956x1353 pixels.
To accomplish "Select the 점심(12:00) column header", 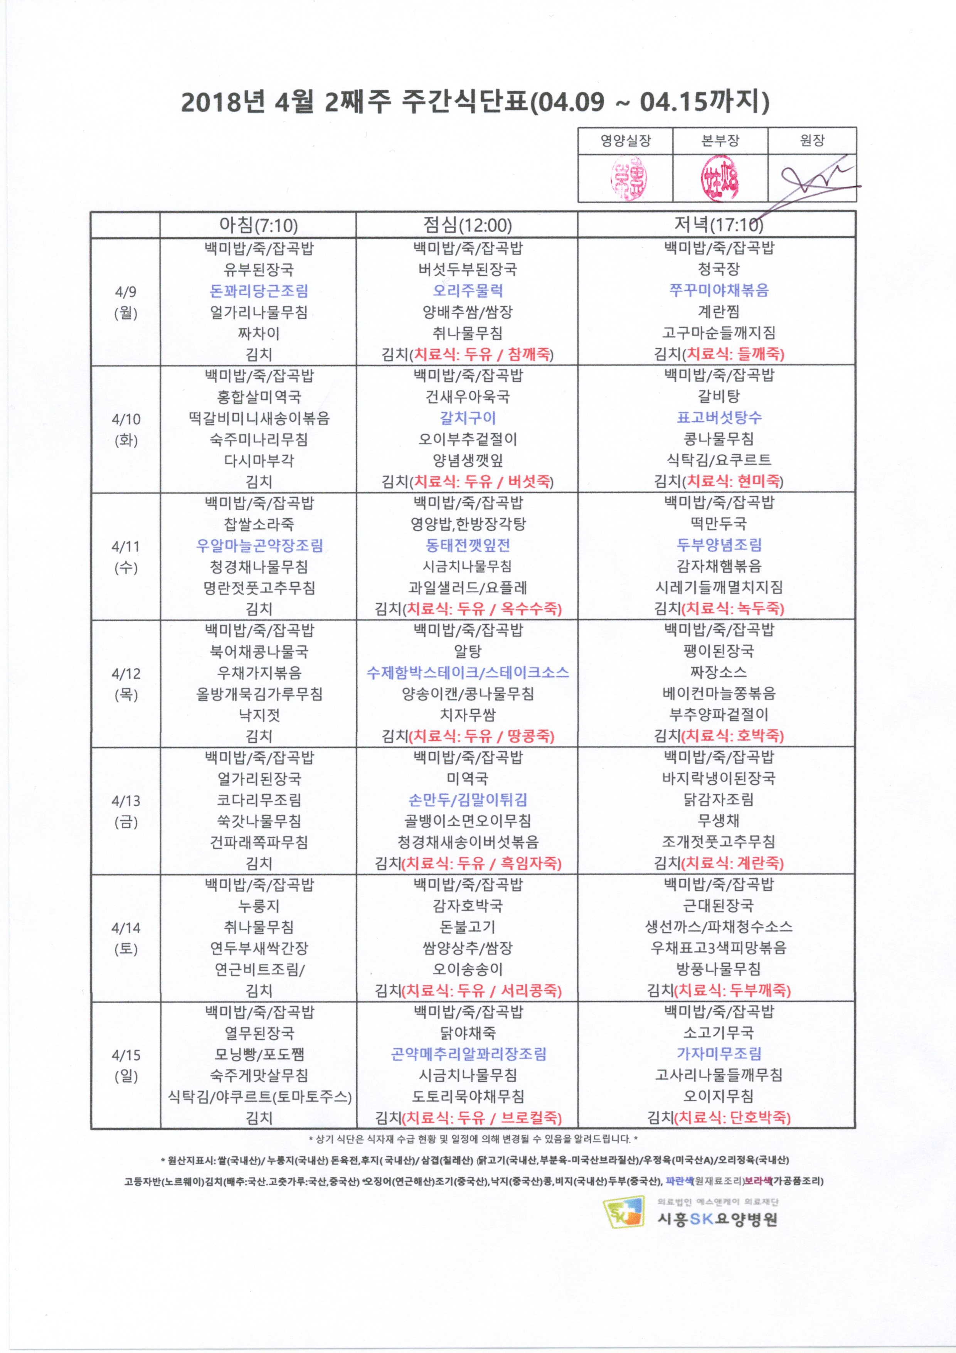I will pos(467,225).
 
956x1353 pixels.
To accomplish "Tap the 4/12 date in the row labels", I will pos(125,674).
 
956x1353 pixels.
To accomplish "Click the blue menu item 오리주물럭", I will pos(468,290).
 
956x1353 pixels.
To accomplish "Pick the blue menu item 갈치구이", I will pos(468,418).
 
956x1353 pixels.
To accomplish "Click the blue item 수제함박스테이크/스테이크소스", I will pos(468,672).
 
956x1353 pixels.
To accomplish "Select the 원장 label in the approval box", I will pos(812,140).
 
